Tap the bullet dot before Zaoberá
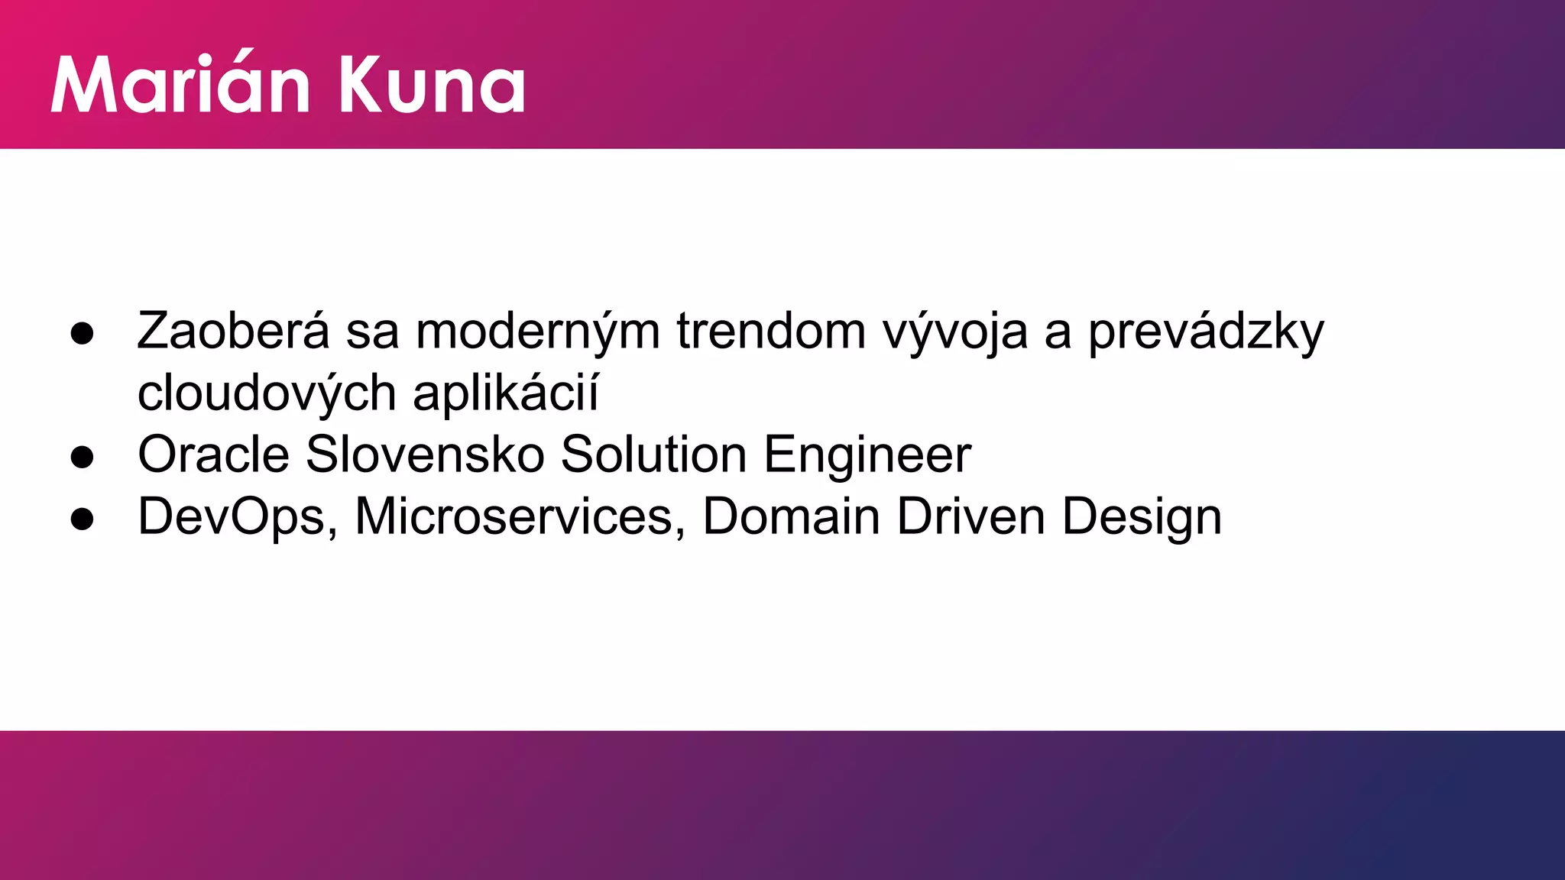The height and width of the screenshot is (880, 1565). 82,334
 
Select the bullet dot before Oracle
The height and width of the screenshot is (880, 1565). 82,457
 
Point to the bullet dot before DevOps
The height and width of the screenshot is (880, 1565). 82,519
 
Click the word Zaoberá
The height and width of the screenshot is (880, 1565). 233,332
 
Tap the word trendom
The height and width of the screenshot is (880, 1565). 771,332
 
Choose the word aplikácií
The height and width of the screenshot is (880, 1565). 505,394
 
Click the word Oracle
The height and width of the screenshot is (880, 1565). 213,455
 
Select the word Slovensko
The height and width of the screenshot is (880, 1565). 425,455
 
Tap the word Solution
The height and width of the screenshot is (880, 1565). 653,455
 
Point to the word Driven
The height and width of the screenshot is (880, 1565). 970,517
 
